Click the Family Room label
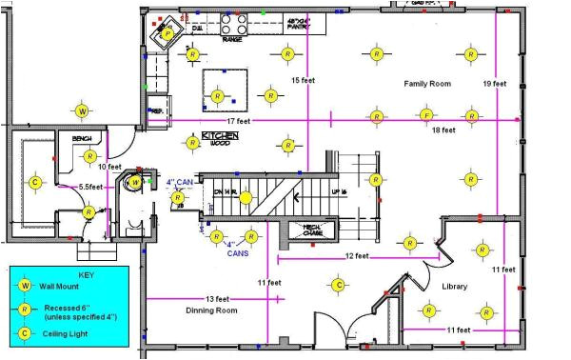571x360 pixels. tap(426, 84)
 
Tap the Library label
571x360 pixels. tap(455, 287)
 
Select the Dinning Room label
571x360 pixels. tap(210, 310)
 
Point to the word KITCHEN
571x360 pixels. tap(219, 136)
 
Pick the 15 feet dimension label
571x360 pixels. tap(304, 80)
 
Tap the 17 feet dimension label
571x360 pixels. tap(239, 121)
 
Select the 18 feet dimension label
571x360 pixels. tap(443, 130)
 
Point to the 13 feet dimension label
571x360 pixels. tap(218, 299)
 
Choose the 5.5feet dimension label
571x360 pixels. tap(92, 188)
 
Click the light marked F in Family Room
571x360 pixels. tap(426, 116)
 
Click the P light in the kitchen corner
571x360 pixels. tap(167, 34)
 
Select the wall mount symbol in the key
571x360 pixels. tap(26, 286)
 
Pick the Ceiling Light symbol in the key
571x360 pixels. tap(26, 333)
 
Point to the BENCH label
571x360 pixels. tap(82, 139)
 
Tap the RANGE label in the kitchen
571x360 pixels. tap(231, 41)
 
